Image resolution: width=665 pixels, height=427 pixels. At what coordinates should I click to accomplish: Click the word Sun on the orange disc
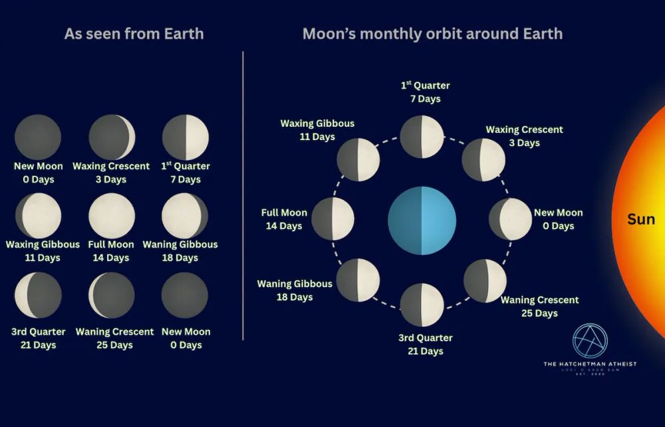tap(640, 219)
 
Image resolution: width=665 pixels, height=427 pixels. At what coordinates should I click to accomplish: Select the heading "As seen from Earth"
tap(134, 34)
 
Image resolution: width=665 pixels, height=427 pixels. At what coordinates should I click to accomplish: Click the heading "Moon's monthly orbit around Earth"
tap(432, 34)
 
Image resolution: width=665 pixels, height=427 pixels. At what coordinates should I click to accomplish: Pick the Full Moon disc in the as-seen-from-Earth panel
tap(112, 215)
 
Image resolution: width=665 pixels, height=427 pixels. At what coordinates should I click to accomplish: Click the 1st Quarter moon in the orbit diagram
tap(422, 137)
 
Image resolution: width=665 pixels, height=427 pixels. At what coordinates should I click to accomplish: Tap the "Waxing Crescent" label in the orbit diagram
tap(524, 129)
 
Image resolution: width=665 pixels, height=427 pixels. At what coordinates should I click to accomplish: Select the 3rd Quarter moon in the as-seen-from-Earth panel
tap(38, 295)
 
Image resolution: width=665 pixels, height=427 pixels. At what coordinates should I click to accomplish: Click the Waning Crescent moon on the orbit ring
tap(485, 280)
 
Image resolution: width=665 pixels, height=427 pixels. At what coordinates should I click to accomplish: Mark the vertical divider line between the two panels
tap(243, 196)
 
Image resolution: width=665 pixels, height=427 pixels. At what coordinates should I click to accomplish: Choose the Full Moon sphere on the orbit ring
tap(332, 218)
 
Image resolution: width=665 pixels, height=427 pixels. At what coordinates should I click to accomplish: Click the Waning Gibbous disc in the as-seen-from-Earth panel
tap(185, 215)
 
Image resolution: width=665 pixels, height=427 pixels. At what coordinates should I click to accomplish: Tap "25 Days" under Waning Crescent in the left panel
tap(114, 345)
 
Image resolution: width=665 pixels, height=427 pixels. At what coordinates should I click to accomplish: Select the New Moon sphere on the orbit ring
tap(510, 218)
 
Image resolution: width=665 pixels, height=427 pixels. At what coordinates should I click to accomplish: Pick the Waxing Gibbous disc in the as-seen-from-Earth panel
tap(39, 215)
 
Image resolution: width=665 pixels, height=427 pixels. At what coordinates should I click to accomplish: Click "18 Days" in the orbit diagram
tap(295, 297)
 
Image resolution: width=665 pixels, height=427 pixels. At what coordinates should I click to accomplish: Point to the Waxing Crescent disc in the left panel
tap(112, 137)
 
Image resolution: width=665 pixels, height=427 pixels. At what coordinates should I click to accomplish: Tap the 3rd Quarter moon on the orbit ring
tap(422, 305)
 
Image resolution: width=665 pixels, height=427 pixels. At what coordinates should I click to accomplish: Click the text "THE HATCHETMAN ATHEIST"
tap(589, 364)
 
